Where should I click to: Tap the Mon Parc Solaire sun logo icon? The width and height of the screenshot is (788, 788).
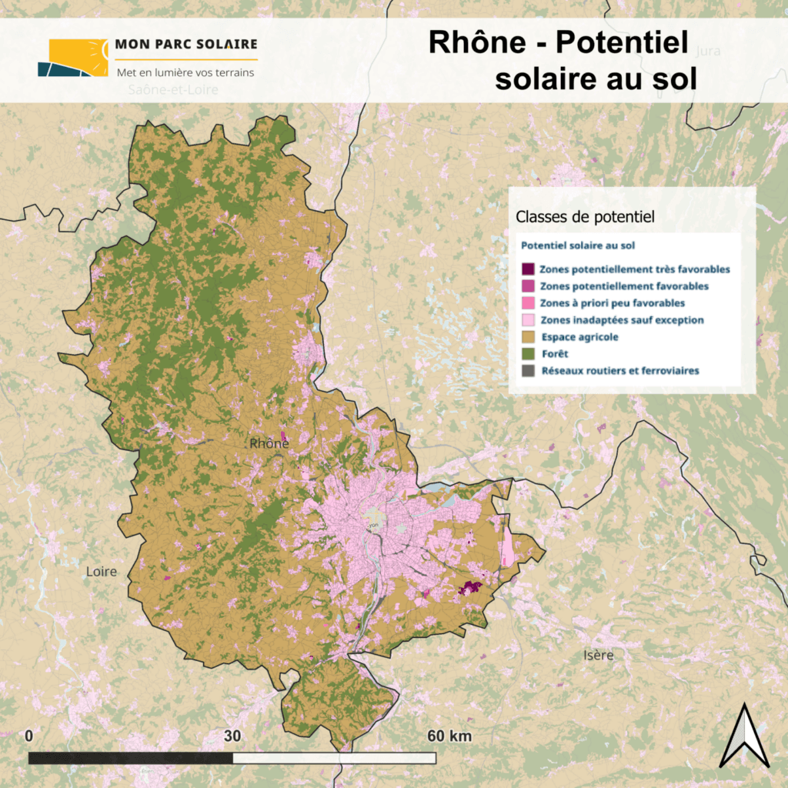(73, 58)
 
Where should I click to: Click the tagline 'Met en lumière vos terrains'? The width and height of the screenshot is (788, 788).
(185, 72)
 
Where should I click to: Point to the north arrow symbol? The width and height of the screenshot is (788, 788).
(744, 736)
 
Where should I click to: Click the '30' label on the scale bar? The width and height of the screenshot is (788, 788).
(232, 736)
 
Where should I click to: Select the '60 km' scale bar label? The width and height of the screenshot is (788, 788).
(449, 736)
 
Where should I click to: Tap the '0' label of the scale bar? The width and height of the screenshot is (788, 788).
(29, 736)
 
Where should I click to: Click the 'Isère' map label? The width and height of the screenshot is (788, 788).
(598, 655)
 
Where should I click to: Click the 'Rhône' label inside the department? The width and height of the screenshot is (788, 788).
(269, 443)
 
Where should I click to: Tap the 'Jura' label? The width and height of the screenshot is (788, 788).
(707, 51)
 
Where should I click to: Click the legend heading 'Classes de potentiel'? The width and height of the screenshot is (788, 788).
(585, 218)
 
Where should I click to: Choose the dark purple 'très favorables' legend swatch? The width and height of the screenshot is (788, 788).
(528, 269)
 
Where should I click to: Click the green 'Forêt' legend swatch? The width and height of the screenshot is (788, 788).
(528, 354)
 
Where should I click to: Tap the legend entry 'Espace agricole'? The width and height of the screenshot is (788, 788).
(580, 337)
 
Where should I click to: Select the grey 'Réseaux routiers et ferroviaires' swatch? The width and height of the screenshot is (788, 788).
(528, 371)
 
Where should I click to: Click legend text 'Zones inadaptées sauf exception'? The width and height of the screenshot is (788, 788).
(622, 320)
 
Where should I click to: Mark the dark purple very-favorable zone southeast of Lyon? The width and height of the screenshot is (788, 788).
(469, 588)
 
